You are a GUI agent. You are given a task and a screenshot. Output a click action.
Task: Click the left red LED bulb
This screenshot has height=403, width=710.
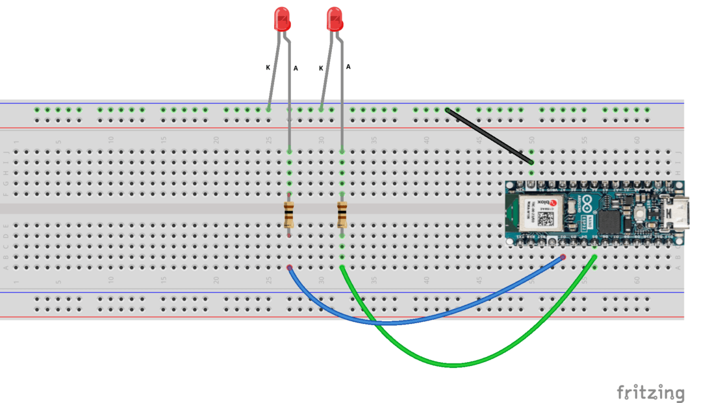tap(282, 19)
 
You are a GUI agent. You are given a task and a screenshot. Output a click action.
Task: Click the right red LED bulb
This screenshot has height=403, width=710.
tap(335, 19)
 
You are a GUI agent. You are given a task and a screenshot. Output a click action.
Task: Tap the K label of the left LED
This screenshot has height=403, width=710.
tap(268, 67)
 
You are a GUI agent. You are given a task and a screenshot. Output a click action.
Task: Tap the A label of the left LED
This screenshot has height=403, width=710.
tap(296, 67)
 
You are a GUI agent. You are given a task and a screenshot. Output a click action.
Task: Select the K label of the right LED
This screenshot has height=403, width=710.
tap(321, 68)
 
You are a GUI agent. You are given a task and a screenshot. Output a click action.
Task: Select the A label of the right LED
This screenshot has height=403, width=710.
tap(348, 66)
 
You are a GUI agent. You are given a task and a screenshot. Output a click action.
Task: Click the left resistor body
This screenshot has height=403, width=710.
tap(289, 215)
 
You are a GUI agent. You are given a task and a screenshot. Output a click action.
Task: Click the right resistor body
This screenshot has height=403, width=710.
tap(342, 215)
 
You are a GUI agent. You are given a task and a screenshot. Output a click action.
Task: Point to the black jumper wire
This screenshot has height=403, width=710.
tap(489, 136)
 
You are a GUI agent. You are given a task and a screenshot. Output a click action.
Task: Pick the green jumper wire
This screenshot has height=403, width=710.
tap(455, 364)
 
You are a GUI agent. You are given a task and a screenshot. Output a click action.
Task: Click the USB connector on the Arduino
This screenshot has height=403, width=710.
tap(679, 214)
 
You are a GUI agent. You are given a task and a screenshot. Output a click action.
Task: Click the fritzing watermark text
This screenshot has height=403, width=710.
tap(650, 393)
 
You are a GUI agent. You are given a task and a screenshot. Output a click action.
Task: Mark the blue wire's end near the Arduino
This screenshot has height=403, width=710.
tap(562, 258)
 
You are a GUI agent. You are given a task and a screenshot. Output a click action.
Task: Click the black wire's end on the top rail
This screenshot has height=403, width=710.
tap(448, 110)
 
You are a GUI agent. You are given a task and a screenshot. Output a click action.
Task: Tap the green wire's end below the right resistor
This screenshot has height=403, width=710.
tap(342, 267)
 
